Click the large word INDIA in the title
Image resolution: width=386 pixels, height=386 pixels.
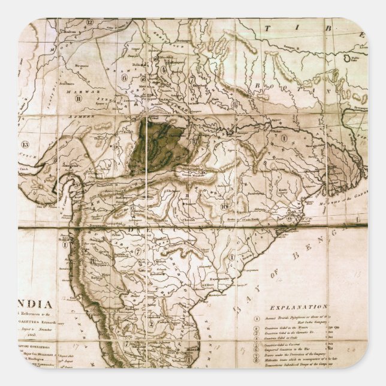point(35,303)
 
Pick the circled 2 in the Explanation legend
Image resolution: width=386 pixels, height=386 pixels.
point(257,329)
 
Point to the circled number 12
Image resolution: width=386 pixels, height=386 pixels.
point(89,23)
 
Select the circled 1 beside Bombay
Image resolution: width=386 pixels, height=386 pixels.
point(65,244)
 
